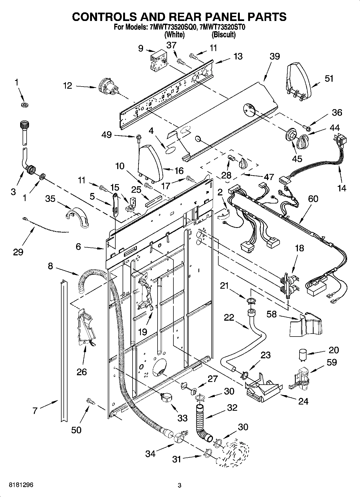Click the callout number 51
pyautogui.click(x=329, y=78)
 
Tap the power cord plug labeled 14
pyautogui.click(x=342, y=141)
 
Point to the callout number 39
pyautogui.click(x=275, y=56)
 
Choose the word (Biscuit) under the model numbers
pyautogui.click(x=223, y=35)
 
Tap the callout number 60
pyautogui.click(x=313, y=199)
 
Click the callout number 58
pyautogui.click(x=271, y=314)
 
